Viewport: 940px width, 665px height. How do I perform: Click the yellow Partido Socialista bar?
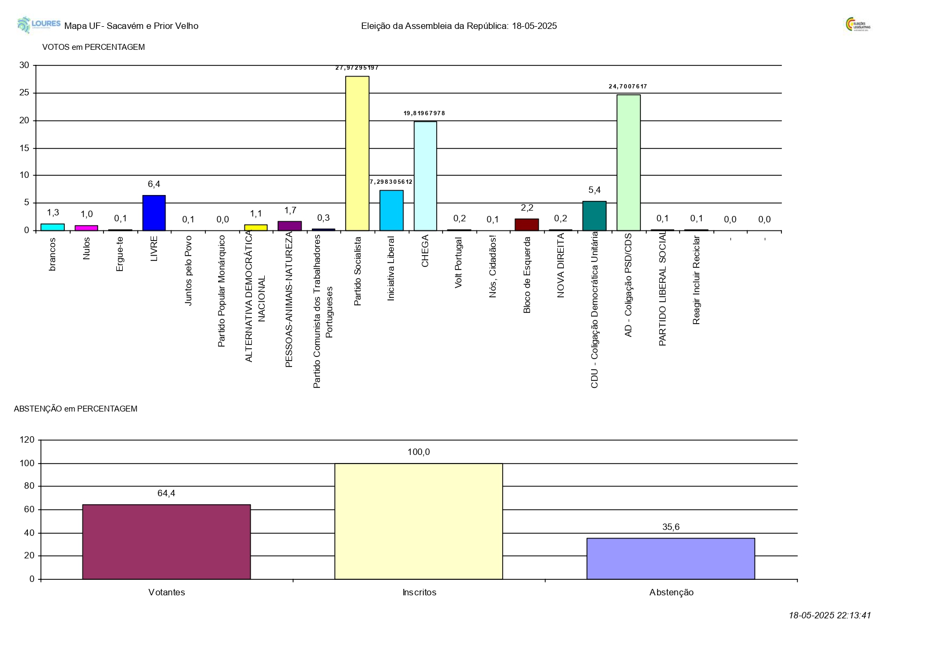click(357, 153)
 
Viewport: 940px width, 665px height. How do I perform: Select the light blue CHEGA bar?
click(425, 176)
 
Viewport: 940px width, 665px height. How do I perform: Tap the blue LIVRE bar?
click(154, 213)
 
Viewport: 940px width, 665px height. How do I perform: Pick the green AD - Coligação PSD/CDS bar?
click(628, 162)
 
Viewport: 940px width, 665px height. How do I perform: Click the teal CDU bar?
click(594, 216)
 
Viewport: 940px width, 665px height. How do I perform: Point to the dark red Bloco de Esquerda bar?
click(527, 225)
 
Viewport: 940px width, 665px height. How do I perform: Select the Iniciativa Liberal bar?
click(391, 210)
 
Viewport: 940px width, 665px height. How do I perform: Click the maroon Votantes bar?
click(166, 542)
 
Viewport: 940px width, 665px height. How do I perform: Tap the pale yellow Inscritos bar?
click(419, 521)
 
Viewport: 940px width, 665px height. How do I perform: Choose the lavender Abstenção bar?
click(670, 558)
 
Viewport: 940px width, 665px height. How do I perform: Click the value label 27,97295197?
click(357, 68)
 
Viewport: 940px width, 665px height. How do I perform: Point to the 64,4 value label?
click(166, 494)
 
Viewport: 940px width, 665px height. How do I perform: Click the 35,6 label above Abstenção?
click(670, 527)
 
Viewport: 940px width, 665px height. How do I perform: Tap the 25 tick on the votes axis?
click(24, 93)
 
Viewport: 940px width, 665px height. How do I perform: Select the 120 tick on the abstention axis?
click(27, 440)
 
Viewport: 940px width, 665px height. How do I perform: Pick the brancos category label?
click(53, 255)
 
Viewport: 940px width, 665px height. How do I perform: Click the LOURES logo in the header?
click(39, 25)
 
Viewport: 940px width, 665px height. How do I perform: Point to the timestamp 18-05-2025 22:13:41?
click(830, 616)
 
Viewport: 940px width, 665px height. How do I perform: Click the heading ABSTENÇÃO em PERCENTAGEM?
click(76, 409)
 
